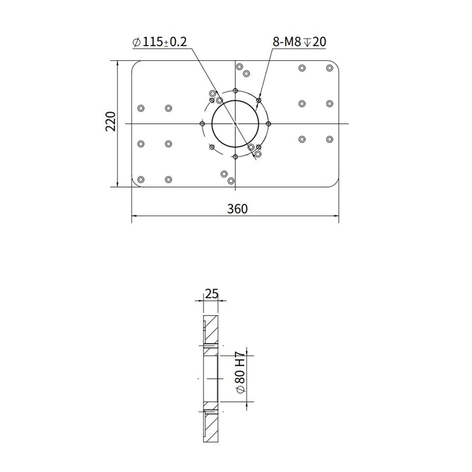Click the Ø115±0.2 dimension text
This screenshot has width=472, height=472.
pyautogui.click(x=160, y=42)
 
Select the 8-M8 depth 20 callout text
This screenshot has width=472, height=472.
pyautogui.click(x=299, y=42)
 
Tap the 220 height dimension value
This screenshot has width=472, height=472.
pyautogui.click(x=110, y=122)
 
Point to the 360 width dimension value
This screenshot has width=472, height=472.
pyautogui.click(x=235, y=208)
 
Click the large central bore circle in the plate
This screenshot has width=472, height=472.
pyautogui.click(x=235, y=123)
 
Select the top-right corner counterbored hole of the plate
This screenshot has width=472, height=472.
pyautogui.click(x=330, y=68)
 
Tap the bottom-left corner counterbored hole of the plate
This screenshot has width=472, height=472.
pyautogui.click(x=140, y=179)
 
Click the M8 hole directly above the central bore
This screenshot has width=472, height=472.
pyautogui.click(x=235, y=91)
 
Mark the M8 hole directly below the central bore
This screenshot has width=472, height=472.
pyautogui.click(x=235, y=156)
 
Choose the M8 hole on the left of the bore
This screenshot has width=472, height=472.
pyautogui.click(x=202, y=123)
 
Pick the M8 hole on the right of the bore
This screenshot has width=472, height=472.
pyautogui.click(x=268, y=123)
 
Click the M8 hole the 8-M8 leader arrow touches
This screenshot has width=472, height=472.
pyautogui.click(x=258, y=101)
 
